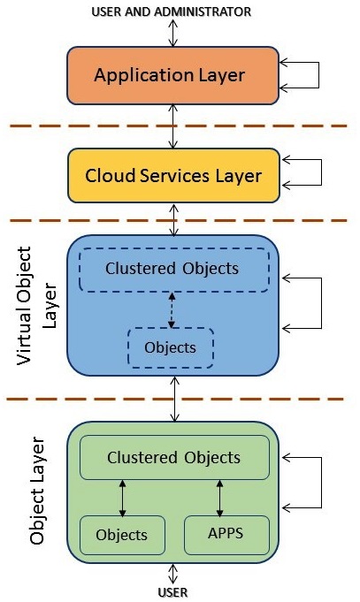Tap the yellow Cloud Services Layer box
coord(173,175)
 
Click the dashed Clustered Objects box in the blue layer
coord(172,270)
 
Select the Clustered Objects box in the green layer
coord(173,458)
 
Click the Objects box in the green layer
coord(122,535)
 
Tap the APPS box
coord(226,535)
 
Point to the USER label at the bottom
coord(173,592)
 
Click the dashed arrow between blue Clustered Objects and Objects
coord(172,309)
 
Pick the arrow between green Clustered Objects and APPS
coord(219,498)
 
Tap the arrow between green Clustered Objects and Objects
coord(123,498)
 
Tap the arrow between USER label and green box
coord(173,572)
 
